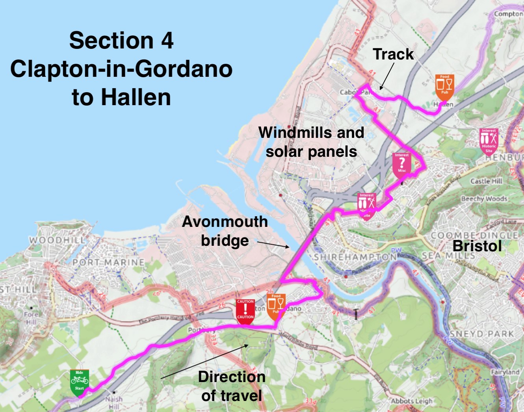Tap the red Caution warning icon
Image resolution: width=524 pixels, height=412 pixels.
coord(245,311)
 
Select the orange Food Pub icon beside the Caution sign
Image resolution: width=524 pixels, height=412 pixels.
coord(276,306)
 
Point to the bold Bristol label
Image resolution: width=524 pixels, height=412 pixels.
coord(477,246)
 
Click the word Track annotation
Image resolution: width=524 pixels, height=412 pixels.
coord(393,54)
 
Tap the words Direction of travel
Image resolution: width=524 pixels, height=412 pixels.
coord(232,386)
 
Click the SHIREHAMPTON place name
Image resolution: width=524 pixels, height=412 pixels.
coord(355,257)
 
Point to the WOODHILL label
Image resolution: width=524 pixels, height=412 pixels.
coord(57,240)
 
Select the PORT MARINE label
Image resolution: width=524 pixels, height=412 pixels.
coord(108,262)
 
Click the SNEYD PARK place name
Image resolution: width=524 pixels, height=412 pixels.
coord(481,334)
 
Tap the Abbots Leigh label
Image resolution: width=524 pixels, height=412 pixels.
coord(411,401)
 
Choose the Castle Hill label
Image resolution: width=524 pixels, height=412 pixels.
coord(486,181)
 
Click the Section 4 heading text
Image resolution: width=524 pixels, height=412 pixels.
coord(121,41)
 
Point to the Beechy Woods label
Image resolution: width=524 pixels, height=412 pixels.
coord(484,199)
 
